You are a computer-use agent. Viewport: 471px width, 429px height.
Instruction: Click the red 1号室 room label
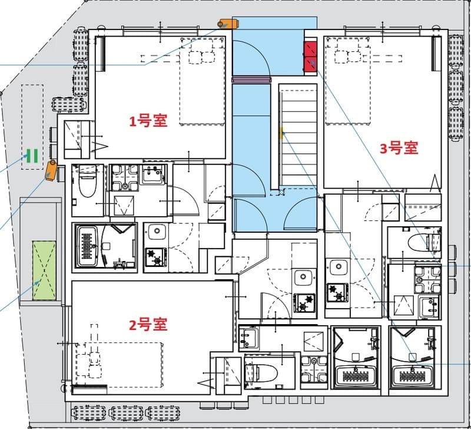coord(148,121)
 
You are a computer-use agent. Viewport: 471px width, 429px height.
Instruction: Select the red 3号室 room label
coord(399,148)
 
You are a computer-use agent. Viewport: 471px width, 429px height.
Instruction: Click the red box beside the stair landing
coord(310,57)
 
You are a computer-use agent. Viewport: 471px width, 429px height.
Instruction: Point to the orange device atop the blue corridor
coord(227,24)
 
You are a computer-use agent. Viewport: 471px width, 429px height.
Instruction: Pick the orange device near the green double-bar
coord(51,170)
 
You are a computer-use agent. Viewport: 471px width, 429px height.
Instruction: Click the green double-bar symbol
coord(32,156)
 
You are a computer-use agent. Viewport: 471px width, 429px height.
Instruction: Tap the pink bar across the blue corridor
coord(251,78)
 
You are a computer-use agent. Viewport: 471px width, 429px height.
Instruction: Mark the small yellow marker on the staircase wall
coord(282,132)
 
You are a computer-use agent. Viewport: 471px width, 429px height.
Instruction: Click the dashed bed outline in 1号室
coord(203,82)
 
